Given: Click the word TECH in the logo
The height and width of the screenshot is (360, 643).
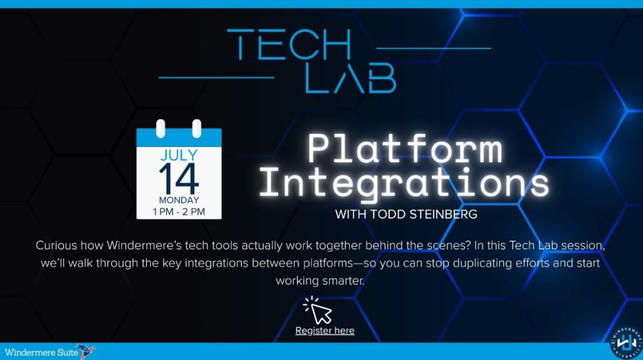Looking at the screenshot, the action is click(289, 45).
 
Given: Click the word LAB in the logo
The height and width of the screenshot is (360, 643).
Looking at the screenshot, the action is click(350, 78).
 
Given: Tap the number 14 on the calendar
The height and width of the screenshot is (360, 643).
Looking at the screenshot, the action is click(179, 178).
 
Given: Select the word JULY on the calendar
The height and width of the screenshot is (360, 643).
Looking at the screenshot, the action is click(179, 155).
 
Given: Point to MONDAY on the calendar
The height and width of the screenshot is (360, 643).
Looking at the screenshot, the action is click(179, 200).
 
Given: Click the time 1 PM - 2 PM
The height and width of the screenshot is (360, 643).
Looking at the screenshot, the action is click(179, 212).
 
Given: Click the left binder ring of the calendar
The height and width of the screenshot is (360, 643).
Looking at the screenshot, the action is click(161, 129).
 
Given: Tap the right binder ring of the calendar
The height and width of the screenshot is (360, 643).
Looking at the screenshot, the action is click(197, 129).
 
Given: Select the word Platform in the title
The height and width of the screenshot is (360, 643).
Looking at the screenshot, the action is click(405, 149).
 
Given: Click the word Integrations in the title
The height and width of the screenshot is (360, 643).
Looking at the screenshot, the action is click(404, 183).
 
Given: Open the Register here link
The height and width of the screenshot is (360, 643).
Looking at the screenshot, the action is click(325, 330).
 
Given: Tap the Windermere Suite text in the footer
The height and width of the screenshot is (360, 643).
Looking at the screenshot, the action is click(41, 352).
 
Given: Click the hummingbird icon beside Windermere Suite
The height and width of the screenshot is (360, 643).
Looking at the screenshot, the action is click(85, 351).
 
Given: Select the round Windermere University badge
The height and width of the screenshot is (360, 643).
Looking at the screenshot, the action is click(626, 343).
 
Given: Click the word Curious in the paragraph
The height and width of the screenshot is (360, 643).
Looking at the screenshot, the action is click(56, 246).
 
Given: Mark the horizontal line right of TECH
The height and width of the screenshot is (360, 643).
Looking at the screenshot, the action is click(434, 48).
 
